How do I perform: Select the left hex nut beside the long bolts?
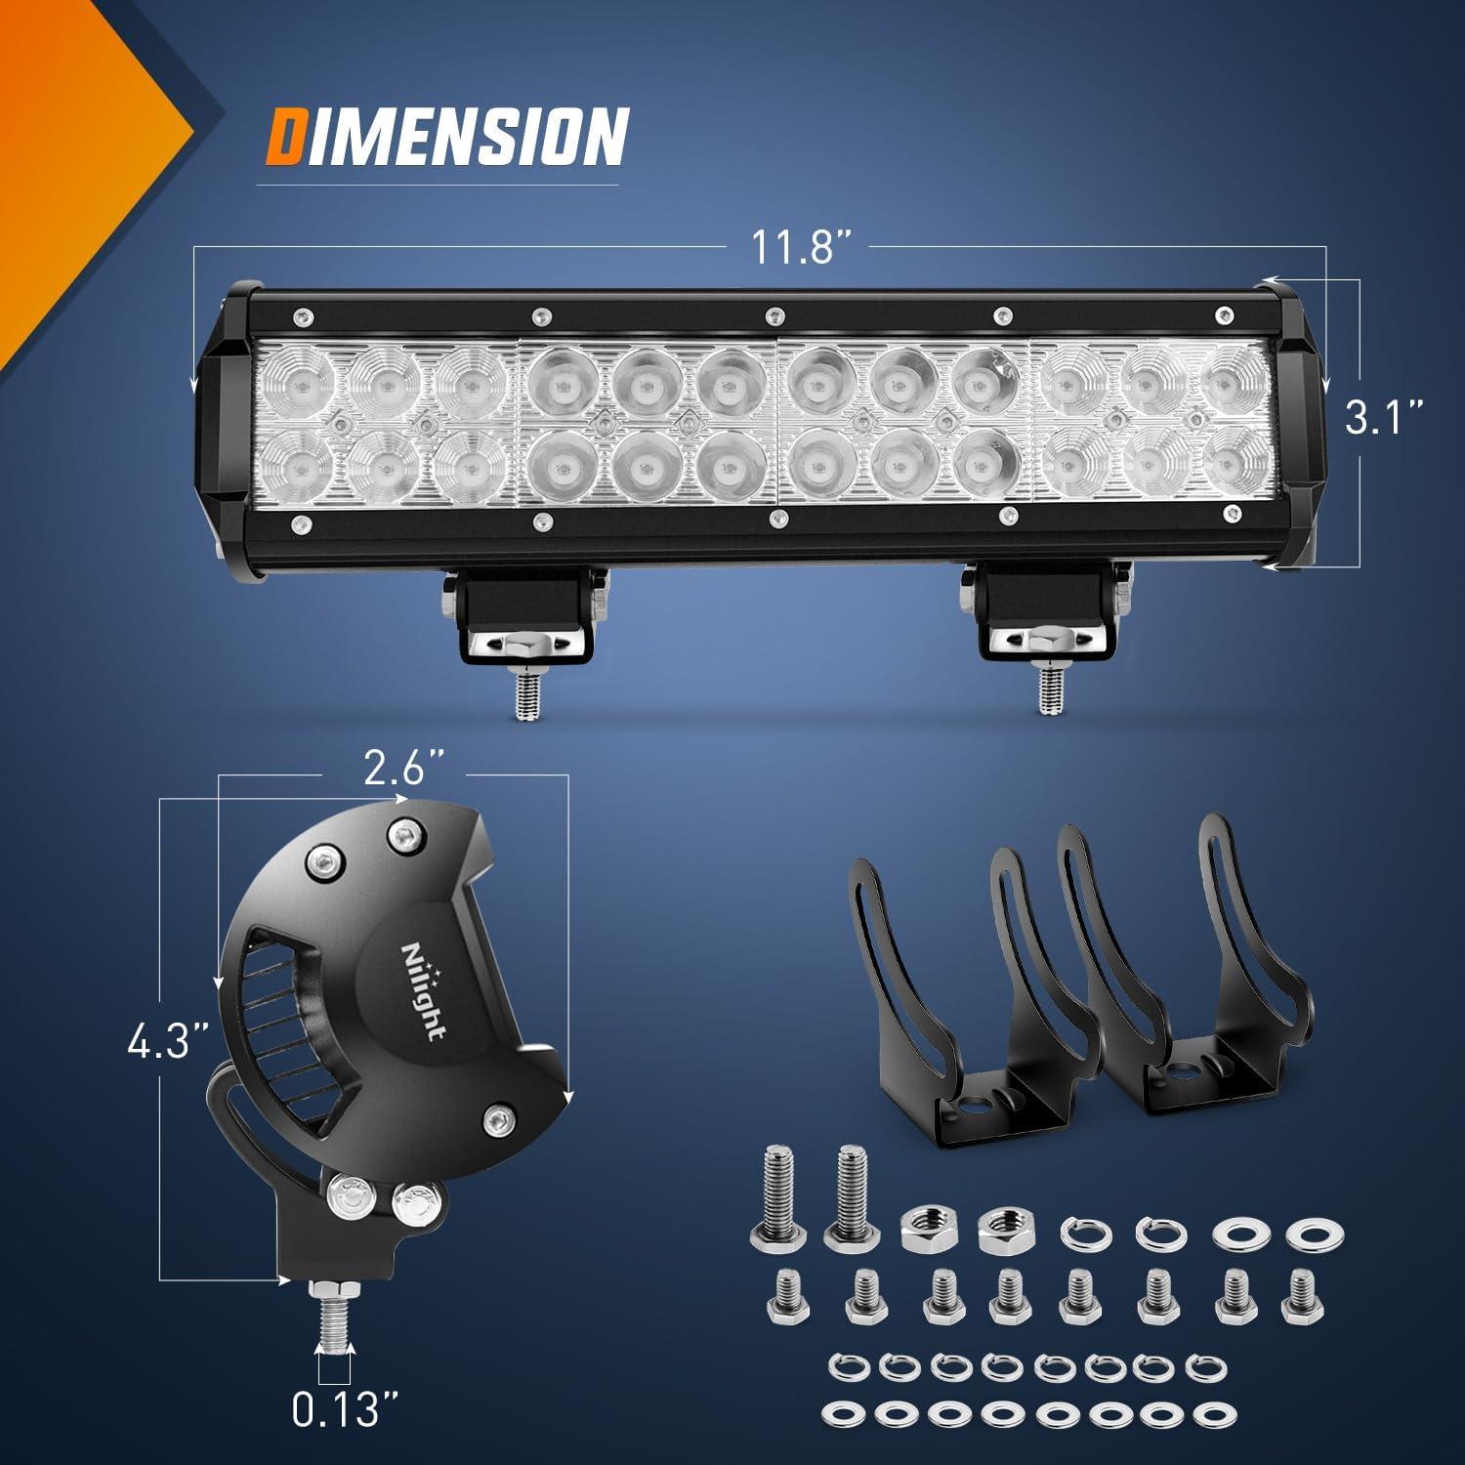click(922, 1225)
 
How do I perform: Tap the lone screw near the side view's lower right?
click(499, 1116)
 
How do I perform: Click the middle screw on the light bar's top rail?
click(774, 314)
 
